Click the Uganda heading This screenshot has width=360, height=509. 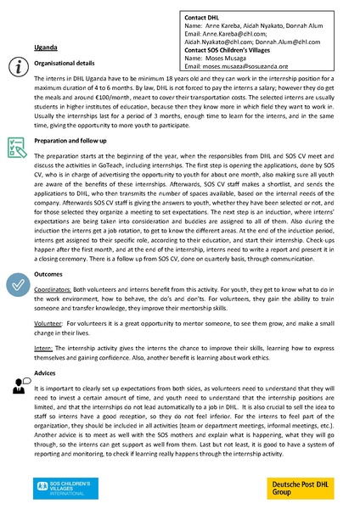click(x=46, y=48)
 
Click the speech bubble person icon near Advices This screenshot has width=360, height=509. click(x=16, y=386)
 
